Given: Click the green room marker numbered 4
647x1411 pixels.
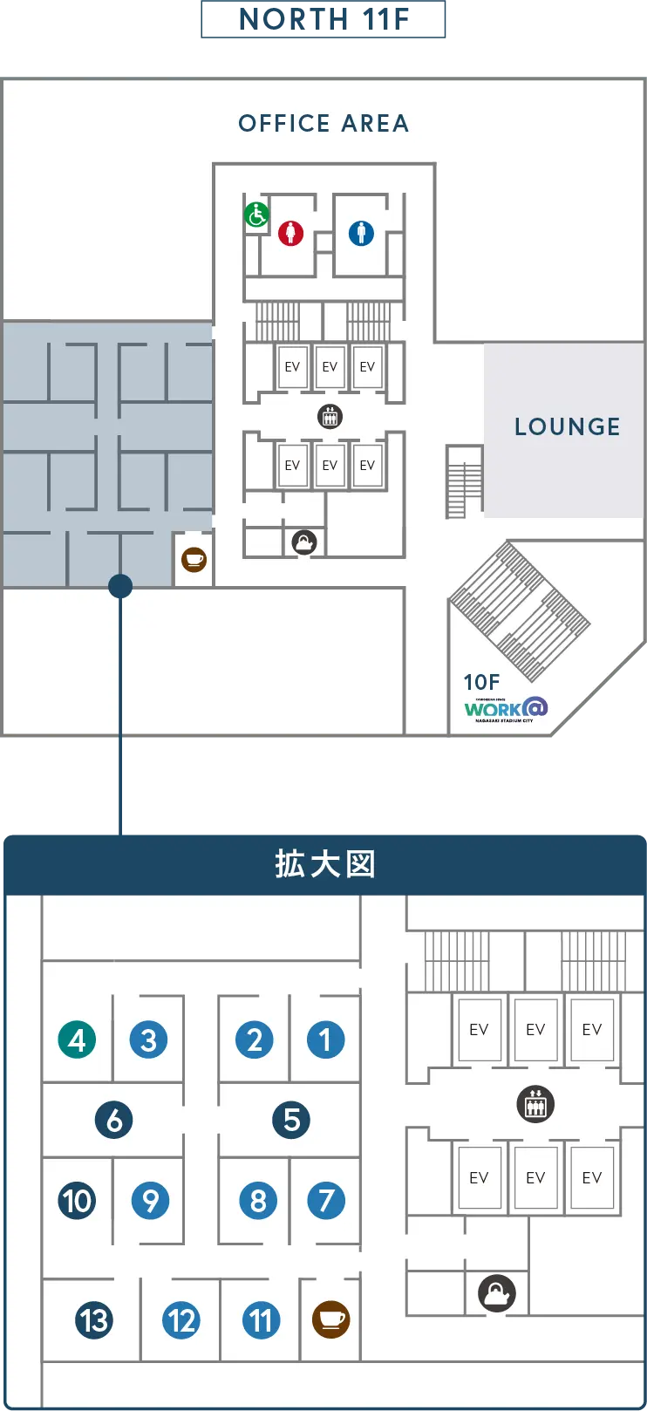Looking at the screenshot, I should [x=77, y=1040].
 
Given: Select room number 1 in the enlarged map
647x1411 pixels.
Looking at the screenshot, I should [x=325, y=1040].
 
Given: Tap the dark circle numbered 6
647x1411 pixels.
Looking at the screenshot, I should [x=114, y=1120].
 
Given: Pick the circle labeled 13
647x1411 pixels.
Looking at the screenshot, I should [x=94, y=1320].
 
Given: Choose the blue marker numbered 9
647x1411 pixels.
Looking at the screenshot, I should [x=150, y=1201].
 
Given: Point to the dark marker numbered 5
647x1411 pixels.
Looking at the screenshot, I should [x=291, y=1120].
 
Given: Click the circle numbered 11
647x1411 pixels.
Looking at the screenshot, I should [x=262, y=1320].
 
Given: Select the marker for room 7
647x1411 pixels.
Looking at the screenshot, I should [x=326, y=1201].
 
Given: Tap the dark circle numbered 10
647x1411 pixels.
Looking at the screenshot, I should [x=77, y=1201].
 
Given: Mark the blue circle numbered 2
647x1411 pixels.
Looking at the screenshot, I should [x=254, y=1040].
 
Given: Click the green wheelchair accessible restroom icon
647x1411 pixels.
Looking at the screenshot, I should [x=256, y=215].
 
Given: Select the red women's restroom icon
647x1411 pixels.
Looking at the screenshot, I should [x=290, y=233].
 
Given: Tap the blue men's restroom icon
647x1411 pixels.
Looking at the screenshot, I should [x=361, y=233].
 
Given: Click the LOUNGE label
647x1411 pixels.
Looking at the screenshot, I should [x=567, y=426].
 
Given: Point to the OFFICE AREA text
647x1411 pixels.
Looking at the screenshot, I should [x=323, y=124].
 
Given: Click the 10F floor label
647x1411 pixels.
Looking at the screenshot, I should [x=481, y=682].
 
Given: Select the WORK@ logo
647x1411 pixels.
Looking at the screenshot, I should [x=505, y=709].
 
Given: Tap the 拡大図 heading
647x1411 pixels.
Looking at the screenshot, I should [x=324, y=864].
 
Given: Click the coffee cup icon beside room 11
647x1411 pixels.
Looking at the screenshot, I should [x=330, y=1319].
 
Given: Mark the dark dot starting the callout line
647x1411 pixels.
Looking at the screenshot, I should [x=120, y=586].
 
